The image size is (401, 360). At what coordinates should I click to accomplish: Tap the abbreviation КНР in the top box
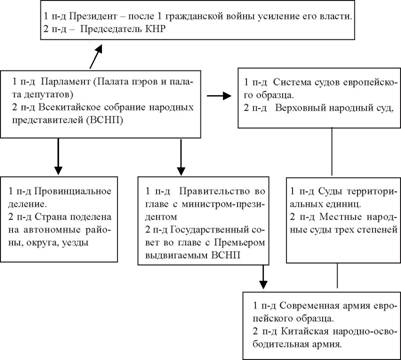pyautogui.click(x=156, y=29)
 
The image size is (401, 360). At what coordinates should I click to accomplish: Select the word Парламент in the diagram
pyautogui.click(x=66, y=82)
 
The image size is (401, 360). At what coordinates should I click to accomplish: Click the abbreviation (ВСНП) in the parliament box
pyautogui.click(x=105, y=120)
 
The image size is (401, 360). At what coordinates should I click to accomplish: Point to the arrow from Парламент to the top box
pyautogui.click(x=96, y=56)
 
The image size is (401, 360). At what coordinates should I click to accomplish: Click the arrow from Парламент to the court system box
pyautogui.click(x=219, y=96)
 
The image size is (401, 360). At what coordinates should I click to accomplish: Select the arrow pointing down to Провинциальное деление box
pyautogui.click(x=58, y=156)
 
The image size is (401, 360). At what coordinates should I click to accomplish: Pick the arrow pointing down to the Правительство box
pyautogui.click(x=181, y=156)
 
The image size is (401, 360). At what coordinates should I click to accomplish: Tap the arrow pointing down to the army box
pyautogui.click(x=263, y=277)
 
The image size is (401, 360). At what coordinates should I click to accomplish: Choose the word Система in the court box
pyautogui.click(x=292, y=82)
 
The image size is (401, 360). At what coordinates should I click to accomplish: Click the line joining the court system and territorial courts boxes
pyautogui.click(x=332, y=152)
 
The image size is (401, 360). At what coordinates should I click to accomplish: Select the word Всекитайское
pyautogui.click(x=64, y=107)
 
